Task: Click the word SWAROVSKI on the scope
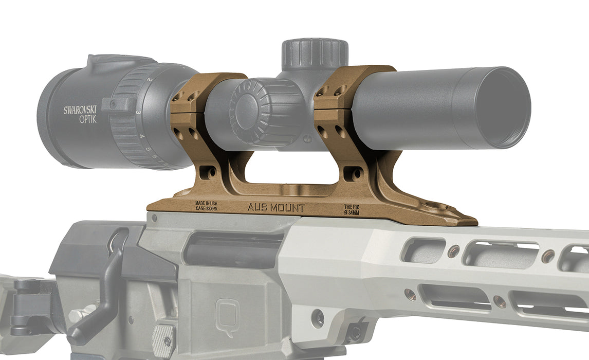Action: (80, 110)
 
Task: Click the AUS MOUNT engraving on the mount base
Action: (276, 208)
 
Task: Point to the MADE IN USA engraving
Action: (206, 204)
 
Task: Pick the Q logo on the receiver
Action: (227, 311)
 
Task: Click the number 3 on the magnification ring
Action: (138, 112)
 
